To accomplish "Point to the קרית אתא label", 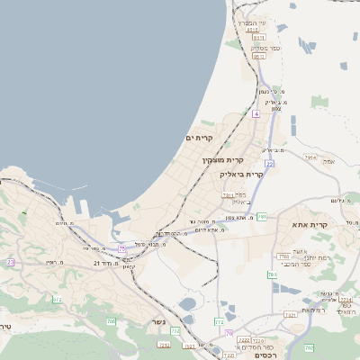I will (x=309, y=226).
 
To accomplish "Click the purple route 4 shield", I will (x=256, y=114).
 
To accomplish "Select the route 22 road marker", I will (x=269, y=164).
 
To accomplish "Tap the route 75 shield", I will (x=121, y=247).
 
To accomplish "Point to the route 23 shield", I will (x=11, y=262).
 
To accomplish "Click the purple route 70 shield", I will (x=229, y=334).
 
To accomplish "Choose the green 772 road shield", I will (x=219, y=321).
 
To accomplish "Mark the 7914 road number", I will (x=310, y=158).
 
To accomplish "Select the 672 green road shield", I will (x=58, y=300).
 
